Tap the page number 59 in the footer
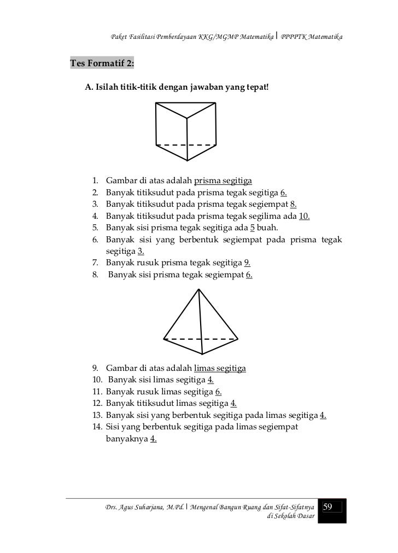tap(328, 508)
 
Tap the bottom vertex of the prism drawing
tap(188, 160)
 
